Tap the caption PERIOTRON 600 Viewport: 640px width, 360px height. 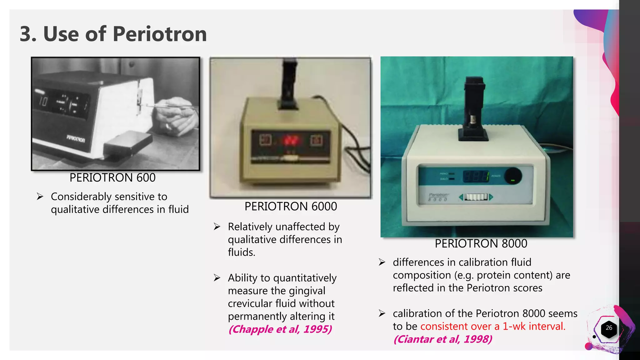[x=112, y=177]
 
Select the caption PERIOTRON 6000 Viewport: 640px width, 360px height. [x=291, y=207]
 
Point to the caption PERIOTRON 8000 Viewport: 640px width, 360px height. [x=481, y=243]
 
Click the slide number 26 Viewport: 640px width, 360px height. [x=609, y=328]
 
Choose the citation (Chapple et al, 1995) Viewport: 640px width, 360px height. [x=280, y=329]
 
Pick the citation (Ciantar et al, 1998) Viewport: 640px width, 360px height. [x=442, y=339]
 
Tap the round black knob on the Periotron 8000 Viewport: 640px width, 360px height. [x=512, y=176]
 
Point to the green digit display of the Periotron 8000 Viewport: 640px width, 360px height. [x=476, y=177]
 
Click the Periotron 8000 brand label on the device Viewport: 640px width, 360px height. [x=438, y=197]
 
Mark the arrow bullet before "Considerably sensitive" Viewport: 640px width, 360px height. [x=40, y=197]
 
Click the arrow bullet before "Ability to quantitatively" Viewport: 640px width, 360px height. [x=217, y=278]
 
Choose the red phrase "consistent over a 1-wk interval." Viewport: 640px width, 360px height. [x=493, y=326]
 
